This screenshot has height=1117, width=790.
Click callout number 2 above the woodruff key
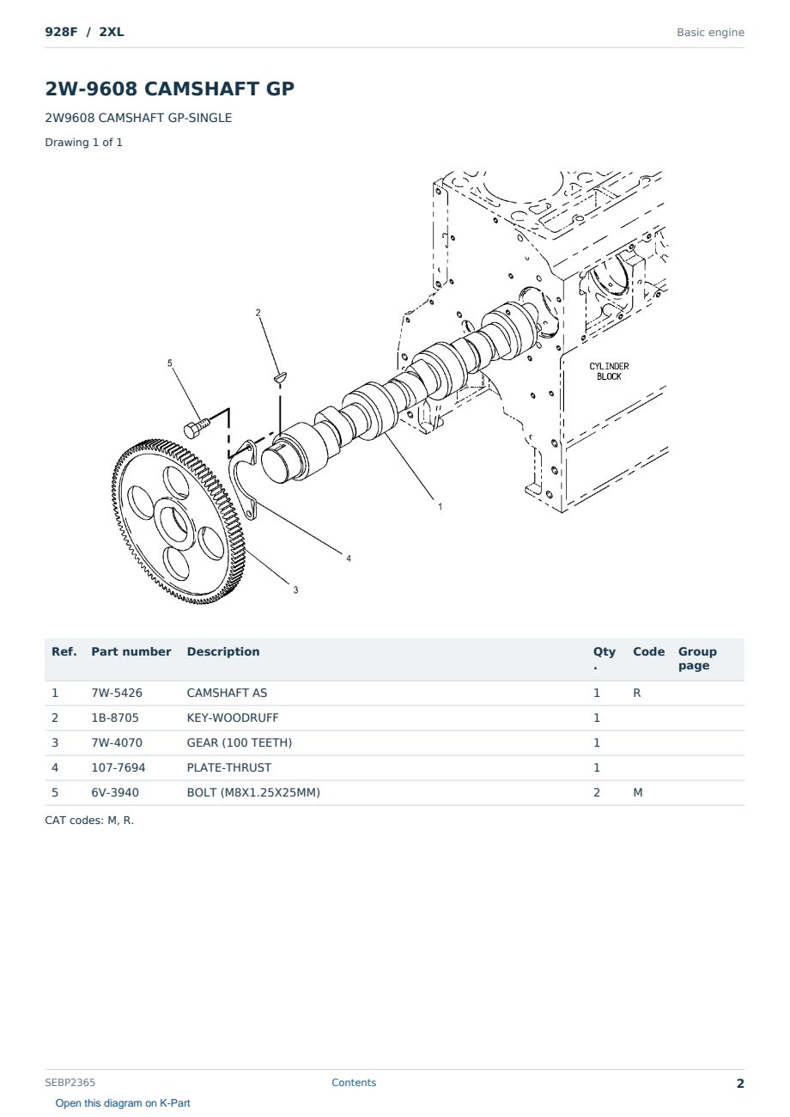pos(258,313)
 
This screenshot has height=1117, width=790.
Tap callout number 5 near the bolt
pos(169,363)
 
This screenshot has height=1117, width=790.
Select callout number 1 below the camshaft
pos(440,507)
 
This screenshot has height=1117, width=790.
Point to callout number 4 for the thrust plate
pos(349,558)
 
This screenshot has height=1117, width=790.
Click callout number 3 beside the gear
pos(295,590)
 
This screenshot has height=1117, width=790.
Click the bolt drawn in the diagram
pos(197,428)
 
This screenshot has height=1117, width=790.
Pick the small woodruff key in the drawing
pos(280,377)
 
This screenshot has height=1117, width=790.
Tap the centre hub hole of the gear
pos(173,525)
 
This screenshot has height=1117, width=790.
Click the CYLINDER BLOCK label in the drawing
pos(609,371)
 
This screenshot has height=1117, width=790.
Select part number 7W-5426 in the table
pos(117,693)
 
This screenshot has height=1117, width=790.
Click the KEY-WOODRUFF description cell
pos(232,717)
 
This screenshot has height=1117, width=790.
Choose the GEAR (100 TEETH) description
pos(240,742)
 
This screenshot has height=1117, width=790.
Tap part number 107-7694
pos(118,767)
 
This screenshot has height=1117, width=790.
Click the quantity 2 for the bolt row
pos(597,792)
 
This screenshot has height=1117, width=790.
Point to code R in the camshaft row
pos(636,693)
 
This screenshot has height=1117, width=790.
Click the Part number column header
pos(131,651)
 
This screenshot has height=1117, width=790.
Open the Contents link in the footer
pos(354,1083)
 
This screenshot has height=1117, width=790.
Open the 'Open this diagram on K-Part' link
pos(123,1103)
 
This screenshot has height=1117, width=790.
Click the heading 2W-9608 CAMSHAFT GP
pos(169,89)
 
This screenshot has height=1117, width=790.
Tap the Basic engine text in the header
pos(710,33)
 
